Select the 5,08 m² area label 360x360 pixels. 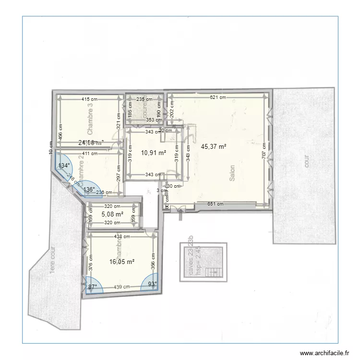pyautogui.click(x=113, y=214)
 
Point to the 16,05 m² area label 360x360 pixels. pyautogui.click(x=122, y=262)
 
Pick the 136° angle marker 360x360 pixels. pyautogui.click(x=89, y=190)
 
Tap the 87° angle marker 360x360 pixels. pyautogui.click(x=92, y=287)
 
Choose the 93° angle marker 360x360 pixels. pyautogui.click(x=152, y=284)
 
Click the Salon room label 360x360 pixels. pyautogui.click(x=232, y=173)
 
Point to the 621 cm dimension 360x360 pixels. pyautogui.click(x=217, y=97)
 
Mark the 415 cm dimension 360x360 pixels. pyautogui.click(x=89, y=99)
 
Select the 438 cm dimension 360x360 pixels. pyautogui.click(x=122, y=236)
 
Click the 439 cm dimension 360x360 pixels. pyautogui.click(x=122, y=287)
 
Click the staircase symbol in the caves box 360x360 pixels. pyautogui.click(x=213, y=273)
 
